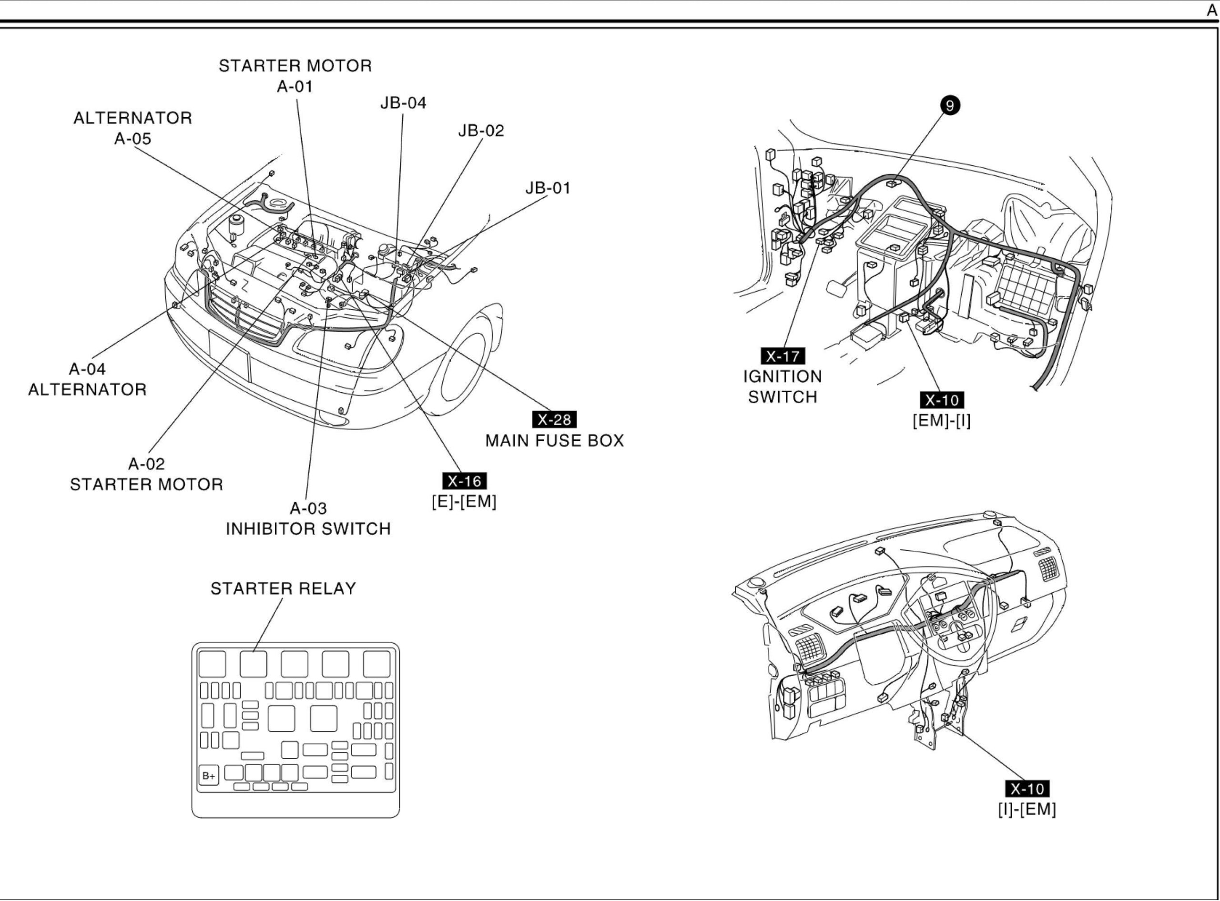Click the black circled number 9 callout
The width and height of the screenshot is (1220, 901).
(949, 105)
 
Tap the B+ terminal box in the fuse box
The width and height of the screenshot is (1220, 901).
(208, 776)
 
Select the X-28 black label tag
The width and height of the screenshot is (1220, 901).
(554, 419)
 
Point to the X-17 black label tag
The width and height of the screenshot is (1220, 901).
(782, 356)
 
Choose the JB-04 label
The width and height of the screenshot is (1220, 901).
(403, 102)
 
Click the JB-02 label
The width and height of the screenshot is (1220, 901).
(481, 131)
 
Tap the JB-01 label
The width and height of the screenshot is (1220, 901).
(548, 188)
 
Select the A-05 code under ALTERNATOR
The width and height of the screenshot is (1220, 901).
(132, 139)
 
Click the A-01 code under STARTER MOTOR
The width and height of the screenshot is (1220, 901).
(295, 86)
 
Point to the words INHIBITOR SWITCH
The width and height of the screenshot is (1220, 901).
(308, 528)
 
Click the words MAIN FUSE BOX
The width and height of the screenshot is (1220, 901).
(554, 440)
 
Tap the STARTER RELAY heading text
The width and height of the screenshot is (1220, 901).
(283, 588)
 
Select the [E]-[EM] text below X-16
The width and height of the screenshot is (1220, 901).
(464, 501)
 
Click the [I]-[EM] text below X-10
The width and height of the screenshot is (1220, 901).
(1027, 809)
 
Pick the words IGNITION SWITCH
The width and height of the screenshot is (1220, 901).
(782, 386)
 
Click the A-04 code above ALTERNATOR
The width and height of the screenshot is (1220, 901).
(87, 369)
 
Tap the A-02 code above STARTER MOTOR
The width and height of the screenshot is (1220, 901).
(146, 464)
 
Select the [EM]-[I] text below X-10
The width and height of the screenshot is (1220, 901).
(941, 421)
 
